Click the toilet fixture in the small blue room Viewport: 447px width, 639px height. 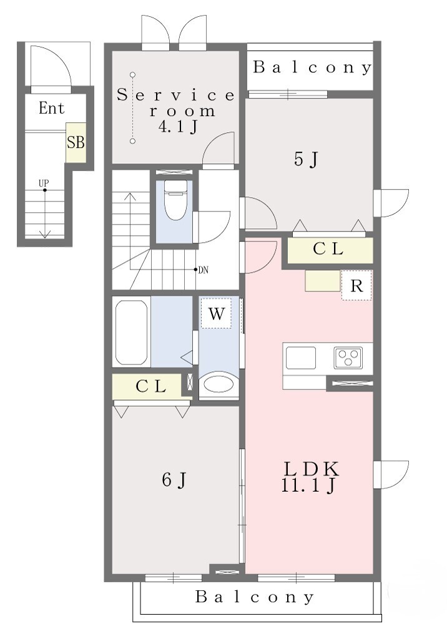[175, 200]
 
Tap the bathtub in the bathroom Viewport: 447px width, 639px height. [131, 333]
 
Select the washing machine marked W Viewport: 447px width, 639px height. [216, 313]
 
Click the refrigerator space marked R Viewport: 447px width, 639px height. [356, 286]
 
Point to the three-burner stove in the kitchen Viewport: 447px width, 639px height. [348, 358]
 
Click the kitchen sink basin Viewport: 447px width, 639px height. [300, 358]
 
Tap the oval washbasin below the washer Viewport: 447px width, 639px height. [219, 384]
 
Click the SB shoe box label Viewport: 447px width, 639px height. [76, 142]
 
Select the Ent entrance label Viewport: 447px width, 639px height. [51, 108]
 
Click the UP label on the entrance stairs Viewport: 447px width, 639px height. [44, 184]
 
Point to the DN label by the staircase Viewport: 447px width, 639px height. [203, 270]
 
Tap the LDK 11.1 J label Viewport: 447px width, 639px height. [311, 477]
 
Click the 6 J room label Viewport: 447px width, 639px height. [174, 480]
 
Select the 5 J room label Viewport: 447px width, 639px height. [306, 159]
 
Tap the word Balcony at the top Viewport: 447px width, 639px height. [312, 67]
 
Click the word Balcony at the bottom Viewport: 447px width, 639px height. [255, 597]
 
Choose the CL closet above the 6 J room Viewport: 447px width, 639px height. [147, 386]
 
